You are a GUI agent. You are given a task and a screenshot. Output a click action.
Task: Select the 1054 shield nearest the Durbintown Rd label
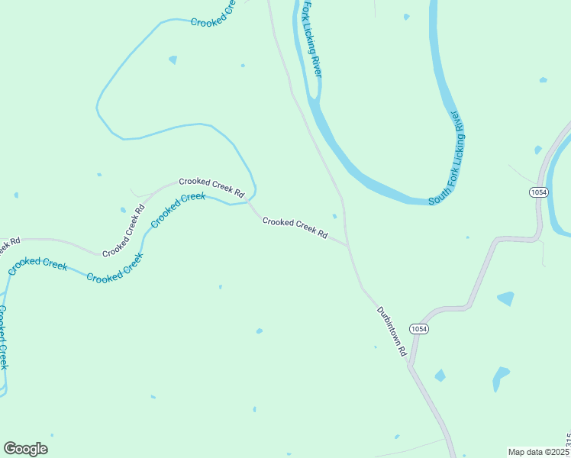click(x=418, y=329)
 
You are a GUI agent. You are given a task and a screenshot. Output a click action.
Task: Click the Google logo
click(x=25, y=448)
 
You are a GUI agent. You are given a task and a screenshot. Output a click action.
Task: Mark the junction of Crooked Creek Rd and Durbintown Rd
click(x=349, y=246)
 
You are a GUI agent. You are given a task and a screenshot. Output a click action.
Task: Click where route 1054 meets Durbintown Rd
click(x=410, y=366)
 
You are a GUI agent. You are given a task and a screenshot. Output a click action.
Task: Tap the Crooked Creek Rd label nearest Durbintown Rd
click(x=295, y=227)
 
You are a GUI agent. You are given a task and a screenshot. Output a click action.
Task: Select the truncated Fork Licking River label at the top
click(x=311, y=38)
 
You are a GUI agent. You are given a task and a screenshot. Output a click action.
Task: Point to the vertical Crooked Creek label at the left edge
click(x=3, y=337)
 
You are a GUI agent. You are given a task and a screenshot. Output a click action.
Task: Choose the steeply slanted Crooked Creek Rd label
click(x=124, y=231)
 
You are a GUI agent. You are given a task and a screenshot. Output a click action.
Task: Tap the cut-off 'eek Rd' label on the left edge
click(x=9, y=246)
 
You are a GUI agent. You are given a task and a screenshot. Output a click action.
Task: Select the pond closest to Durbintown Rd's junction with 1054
click(x=440, y=375)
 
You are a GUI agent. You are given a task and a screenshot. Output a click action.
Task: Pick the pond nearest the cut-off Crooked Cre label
click(x=173, y=60)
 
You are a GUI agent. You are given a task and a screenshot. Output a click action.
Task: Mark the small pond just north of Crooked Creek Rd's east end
click(x=334, y=216)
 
